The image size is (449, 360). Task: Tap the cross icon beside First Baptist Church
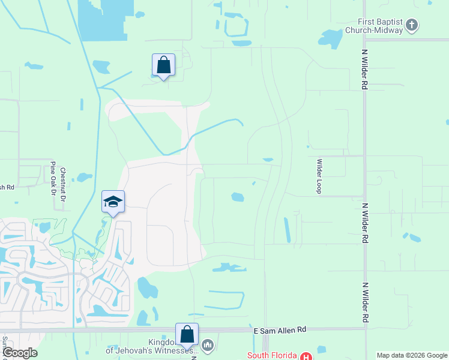pos(412,25)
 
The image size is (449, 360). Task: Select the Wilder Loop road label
pos(320,176)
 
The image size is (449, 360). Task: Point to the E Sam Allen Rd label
pos(280,329)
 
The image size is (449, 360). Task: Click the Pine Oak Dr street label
pos(53,178)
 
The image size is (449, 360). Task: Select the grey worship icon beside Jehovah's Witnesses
pos(208,344)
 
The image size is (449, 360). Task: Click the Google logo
pos(20,353)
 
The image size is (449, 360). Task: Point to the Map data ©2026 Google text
pos(411,355)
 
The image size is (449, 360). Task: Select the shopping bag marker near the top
pos(163,65)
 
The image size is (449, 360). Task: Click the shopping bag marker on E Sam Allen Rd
pos(187,335)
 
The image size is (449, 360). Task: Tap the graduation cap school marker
pos(113,202)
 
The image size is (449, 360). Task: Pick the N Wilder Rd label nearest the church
pos(364,73)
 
